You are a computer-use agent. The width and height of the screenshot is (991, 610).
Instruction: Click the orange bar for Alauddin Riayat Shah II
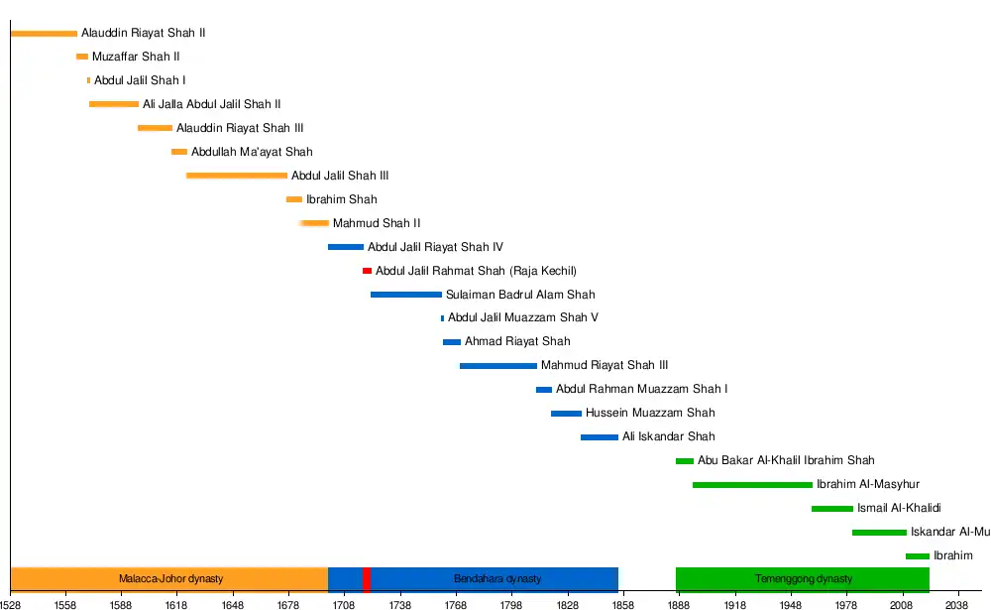tap(44, 34)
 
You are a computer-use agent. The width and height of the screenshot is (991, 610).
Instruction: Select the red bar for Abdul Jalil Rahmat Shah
tap(367, 271)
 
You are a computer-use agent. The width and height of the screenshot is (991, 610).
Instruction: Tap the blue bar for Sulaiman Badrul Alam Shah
tap(406, 295)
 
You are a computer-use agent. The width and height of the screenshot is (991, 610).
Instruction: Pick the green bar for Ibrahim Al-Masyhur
tap(752, 485)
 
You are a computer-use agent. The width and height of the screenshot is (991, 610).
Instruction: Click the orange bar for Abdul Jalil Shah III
tap(237, 176)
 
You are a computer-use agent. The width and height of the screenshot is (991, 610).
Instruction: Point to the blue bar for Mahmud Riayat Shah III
tap(497, 366)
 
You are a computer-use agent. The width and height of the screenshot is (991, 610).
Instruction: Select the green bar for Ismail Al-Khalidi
tap(831, 509)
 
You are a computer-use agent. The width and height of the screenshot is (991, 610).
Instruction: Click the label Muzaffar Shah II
tap(136, 58)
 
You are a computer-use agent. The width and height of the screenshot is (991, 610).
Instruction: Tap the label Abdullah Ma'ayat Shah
tap(252, 152)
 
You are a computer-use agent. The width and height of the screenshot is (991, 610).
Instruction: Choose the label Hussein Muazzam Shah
tap(650, 413)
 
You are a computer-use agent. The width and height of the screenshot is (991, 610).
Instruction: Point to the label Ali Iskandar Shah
tap(669, 436)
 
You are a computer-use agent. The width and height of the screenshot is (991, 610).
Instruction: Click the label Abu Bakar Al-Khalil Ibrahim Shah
tap(786, 460)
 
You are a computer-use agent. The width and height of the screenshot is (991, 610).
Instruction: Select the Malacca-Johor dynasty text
tap(171, 579)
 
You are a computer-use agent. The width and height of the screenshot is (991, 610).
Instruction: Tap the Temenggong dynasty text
tap(804, 579)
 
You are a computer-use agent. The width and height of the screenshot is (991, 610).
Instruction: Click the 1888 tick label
tap(679, 602)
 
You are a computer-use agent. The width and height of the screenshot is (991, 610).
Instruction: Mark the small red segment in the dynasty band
tap(367, 579)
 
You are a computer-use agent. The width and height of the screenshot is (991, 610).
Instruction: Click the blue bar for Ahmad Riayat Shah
tap(452, 342)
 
